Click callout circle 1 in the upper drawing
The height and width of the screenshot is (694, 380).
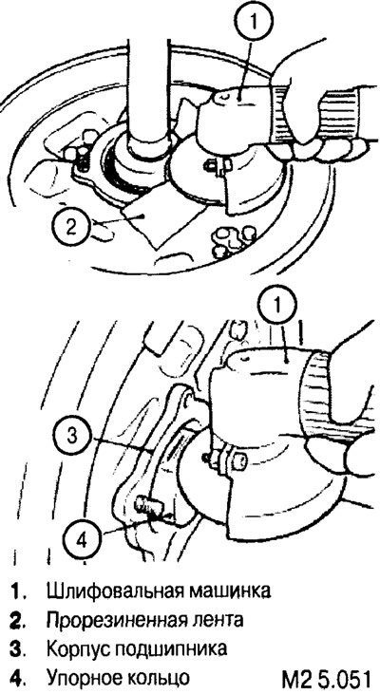pyautogui.click(x=254, y=22)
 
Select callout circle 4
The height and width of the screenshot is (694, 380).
pyautogui.click(x=83, y=539)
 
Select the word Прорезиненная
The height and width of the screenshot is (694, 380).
pyautogui.click(x=119, y=620)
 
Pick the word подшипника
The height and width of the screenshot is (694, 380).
pyautogui.click(x=172, y=649)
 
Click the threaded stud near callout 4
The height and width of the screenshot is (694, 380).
pyautogui.click(x=146, y=505)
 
